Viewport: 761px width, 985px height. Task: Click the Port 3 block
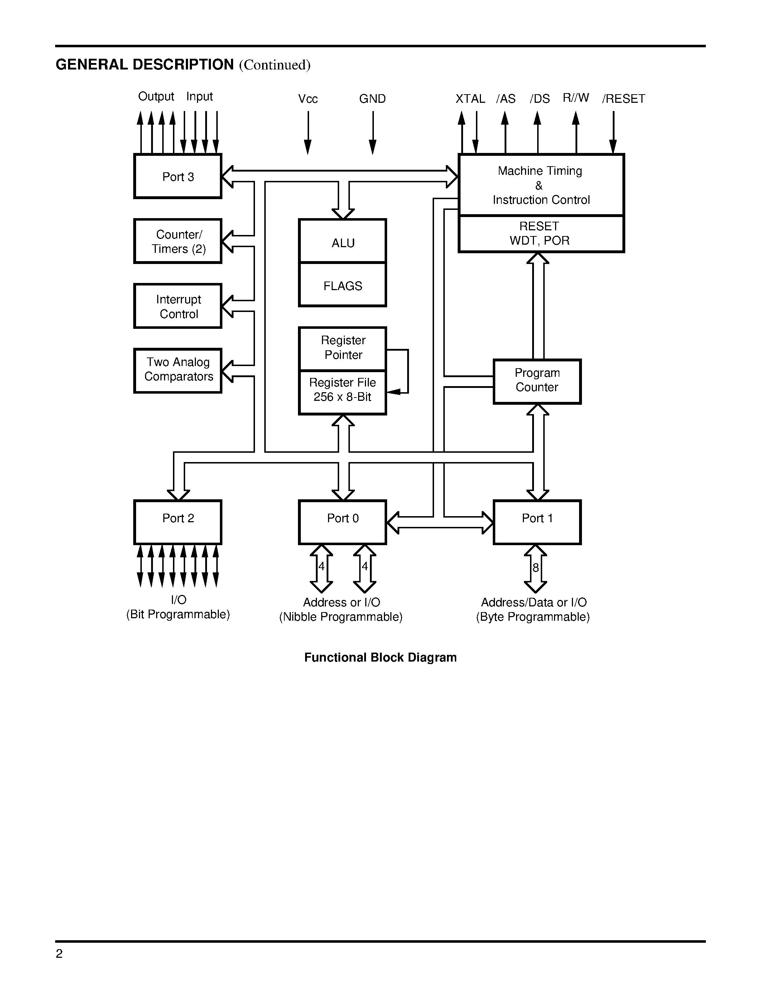(x=178, y=176)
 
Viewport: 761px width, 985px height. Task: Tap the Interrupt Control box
(x=178, y=306)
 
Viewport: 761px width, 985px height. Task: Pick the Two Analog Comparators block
(x=178, y=370)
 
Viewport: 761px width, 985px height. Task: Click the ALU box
(x=343, y=240)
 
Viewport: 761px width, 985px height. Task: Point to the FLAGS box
(x=343, y=285)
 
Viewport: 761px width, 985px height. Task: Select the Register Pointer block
(x=343, y=349)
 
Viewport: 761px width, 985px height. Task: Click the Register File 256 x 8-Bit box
(x=343, y=392)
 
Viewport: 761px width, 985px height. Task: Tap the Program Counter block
(x=537, y=381)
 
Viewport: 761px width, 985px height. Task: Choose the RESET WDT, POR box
(x=541, y=234)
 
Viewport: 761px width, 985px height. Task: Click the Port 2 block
(x=178, y=522)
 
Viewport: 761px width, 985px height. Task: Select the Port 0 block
(x=343, y=522)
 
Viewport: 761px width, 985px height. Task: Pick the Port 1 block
(x=537, y=522)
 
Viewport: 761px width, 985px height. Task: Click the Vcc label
(x=308, y=99)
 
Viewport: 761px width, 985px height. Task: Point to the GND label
(x=372, y=99)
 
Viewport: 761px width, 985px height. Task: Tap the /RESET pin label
(x=623, y=99)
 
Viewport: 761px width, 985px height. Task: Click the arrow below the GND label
(x=373, y=133)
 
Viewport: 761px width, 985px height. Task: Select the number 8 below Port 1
(x=536, y=567)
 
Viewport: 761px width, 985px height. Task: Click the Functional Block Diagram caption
(x=380, y=657)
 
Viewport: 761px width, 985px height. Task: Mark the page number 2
(x=59, y=953)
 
